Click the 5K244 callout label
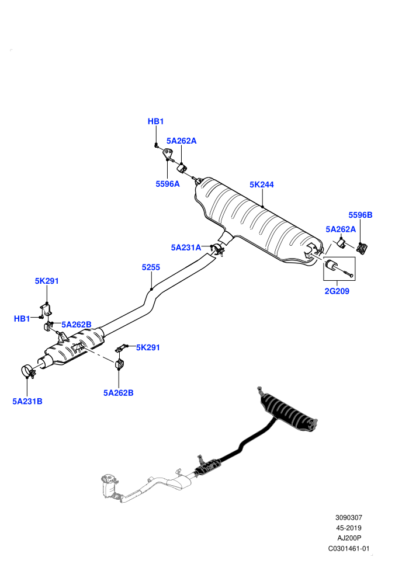click(262, 184)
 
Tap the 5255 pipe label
click(151, 267)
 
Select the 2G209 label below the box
click(337, 291)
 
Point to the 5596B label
click(361, 215)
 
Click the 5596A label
click(168, 184)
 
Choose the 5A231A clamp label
click(186, 248)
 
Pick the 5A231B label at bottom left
click(27, 402)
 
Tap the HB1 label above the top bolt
click(155, 121)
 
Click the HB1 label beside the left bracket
click(22, 319)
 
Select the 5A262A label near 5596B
click(341, 229)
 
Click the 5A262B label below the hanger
click(119, 393)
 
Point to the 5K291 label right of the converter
click(148, 347)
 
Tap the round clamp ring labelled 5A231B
click(27, 371)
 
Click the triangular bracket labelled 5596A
click(168, 155)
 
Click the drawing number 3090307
click(348, 518)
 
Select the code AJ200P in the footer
click(348, 538)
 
